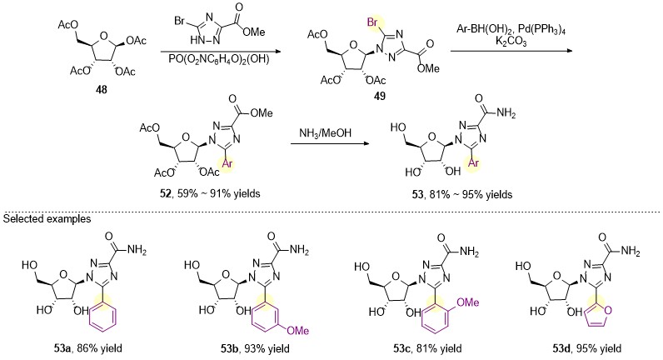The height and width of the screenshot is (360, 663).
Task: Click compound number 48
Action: [x=102, y=89]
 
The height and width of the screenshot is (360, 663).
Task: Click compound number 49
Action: [x=380, y=96]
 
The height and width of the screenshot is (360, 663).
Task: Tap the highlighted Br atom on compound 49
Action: [x=373, y=22]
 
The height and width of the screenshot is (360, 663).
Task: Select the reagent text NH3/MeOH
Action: [x=325, y=132]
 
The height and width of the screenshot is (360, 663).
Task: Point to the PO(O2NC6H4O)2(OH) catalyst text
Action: [x=219, y=59]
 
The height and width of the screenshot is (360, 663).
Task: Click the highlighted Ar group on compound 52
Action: [x=227, y=163]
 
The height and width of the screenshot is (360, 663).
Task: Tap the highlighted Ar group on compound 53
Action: [x=474, y=162]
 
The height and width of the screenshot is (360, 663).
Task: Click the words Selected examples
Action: [x=47, y=218]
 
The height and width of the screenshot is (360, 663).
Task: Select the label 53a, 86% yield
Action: [x=89, y=348]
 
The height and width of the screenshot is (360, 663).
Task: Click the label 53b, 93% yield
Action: [x=256, y=348]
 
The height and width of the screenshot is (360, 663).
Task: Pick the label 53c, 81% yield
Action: [x=427, y=348]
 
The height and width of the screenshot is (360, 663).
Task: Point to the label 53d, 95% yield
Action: [x=587, y=348]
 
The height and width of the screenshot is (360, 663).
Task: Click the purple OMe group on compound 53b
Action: [x=297, y=330]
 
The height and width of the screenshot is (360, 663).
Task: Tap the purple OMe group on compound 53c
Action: [x=468, y=302]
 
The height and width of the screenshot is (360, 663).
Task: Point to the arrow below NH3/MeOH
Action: [x=329, y=144]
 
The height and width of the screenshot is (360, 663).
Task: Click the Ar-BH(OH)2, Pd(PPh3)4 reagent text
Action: [x=511, y=30]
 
